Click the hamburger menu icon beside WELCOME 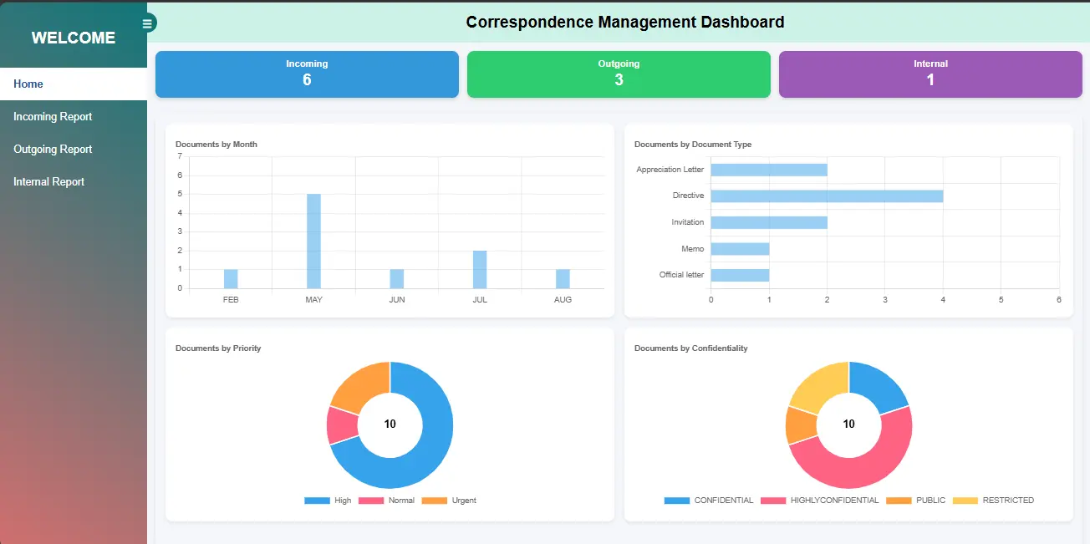147,23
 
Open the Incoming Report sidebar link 53,117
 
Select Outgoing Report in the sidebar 53,150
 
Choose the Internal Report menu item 48,182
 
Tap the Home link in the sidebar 28,84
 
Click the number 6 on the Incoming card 307,79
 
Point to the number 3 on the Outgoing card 619,79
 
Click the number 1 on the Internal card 930,79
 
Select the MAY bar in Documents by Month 313,241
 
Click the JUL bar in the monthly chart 480,270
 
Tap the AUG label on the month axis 563,300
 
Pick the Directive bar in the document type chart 827,196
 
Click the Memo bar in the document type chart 740,249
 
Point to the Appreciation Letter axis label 670,170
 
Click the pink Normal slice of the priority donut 342,425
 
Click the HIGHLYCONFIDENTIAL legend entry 820,501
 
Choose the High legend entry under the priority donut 328,501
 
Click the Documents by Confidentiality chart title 691,348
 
